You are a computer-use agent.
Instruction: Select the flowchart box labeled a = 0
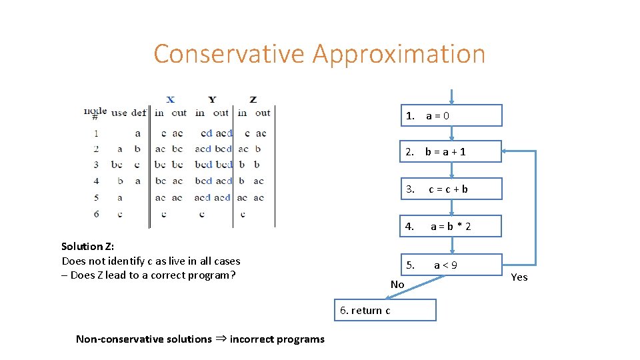tap(451, 115)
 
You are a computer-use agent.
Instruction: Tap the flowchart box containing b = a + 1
tap(451, 151)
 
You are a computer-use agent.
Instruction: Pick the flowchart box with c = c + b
tap(451, 189)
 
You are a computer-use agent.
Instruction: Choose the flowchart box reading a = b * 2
tap(451, 226)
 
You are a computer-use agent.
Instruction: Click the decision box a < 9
tap(451, 265)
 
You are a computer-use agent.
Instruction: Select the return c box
tap(385, 310)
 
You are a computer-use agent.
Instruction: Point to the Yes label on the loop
tap(519, 277)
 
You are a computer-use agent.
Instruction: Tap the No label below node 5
tap(397, 285)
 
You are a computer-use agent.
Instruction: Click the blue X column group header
tap(171, 100)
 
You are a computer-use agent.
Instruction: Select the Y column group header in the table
tap(212, 100)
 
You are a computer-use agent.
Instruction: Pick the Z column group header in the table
tap(253, 100)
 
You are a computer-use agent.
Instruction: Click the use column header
tap(119, 113)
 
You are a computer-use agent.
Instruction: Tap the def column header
tap(139, 113)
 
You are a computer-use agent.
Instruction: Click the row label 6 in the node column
tap(97, 214)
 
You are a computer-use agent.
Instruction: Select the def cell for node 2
tap(137, 149)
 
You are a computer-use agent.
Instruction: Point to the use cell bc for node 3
tap(117, 165)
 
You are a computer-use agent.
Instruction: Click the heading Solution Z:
tap(87, 247)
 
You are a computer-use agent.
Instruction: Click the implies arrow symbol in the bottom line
tap(221, 339)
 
